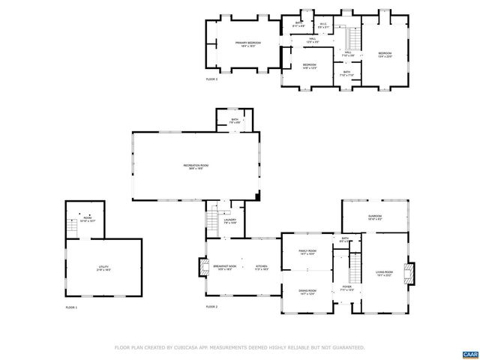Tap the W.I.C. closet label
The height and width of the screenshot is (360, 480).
coord(323,25)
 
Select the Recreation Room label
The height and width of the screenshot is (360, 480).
coord(195,166)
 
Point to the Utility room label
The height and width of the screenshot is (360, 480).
coord(103,267)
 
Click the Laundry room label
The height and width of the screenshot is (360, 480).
coord(229,221)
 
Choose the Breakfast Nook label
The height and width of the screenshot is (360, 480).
coord(224,267)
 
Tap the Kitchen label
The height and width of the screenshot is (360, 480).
coord(261,267)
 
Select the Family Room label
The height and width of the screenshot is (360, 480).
coord(307,253)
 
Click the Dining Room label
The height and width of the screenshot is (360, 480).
coord(307,291)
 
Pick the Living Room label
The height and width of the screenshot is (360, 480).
coord(385,273)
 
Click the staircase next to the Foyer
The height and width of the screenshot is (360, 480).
coord(355,264)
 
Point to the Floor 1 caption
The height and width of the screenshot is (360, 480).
coord(71,307)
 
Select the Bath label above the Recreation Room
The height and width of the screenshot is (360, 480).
coord(235,120)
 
